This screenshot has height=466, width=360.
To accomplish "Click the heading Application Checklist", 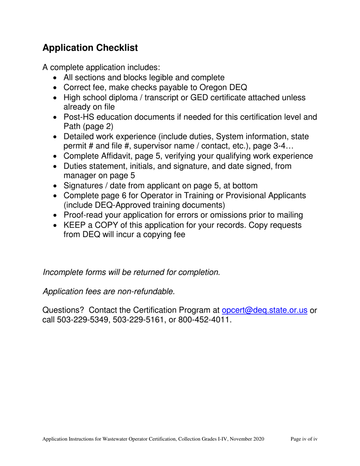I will [x=90, y=48].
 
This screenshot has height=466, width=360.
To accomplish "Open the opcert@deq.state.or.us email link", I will [x=264, y=310].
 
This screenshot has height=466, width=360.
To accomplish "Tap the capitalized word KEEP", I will [x=74, y=225].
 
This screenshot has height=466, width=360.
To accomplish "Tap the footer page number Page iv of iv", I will [x=304, y=439].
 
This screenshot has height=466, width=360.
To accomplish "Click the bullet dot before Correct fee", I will [x=56, y=88].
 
